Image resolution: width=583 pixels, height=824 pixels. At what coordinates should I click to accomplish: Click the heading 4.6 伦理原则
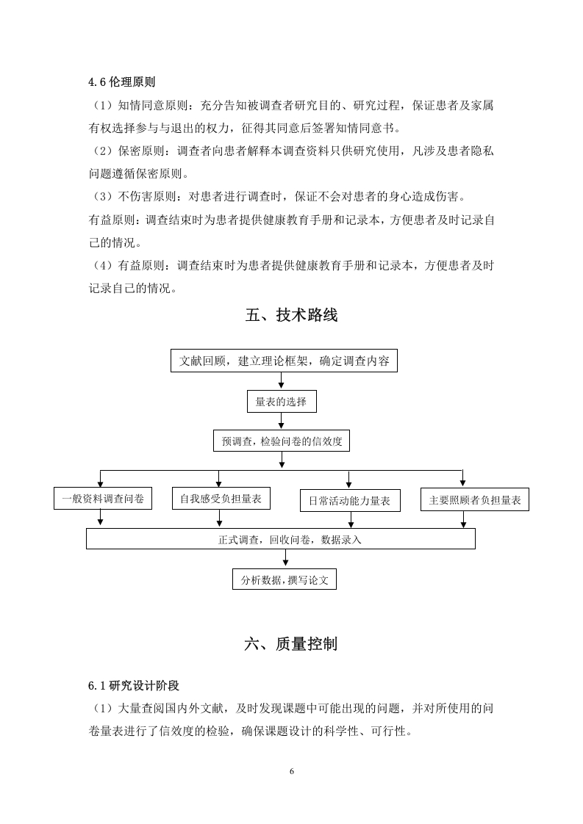[x=121, y=82]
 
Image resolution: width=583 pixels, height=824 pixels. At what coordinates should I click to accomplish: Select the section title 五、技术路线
[x=291, y=315]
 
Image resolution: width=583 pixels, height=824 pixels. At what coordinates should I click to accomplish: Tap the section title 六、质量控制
[x=291, y=644]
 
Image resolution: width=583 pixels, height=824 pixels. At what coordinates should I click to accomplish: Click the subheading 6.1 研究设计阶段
[x=134, y=685]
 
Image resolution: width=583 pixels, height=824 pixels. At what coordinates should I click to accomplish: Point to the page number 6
[x=291, y=771]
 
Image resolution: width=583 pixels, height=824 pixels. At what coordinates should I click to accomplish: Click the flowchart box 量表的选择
[x=282, y=402]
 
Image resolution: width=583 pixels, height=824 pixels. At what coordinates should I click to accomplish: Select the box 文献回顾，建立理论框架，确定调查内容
[x=284, y=361]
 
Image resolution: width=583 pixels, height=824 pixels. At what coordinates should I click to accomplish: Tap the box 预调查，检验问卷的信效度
[x=282, y=441]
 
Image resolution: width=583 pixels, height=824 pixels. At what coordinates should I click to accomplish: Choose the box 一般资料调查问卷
[x=103, y=499]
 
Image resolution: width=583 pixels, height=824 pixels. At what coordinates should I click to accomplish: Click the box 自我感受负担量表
[x=221, y=499]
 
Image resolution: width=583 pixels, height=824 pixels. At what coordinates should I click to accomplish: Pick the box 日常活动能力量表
[x=350, y=501]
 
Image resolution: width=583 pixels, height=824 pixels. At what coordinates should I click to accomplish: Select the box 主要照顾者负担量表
[x=475, y=499]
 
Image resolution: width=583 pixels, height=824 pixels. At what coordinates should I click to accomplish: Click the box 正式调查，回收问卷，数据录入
[x=281, y=539]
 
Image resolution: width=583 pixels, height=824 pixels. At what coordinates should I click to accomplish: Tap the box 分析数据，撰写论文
[x=284, y=579]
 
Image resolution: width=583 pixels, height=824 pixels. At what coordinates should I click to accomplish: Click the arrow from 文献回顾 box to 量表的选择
[x=282, y=381]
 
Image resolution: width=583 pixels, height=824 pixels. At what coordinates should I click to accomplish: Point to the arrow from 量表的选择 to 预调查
[x=282, y=422]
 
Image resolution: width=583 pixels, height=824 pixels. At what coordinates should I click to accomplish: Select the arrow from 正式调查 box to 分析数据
[x=285, y=559]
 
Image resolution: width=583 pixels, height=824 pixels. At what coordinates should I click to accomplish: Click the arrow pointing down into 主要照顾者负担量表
[x=462, y=478]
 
